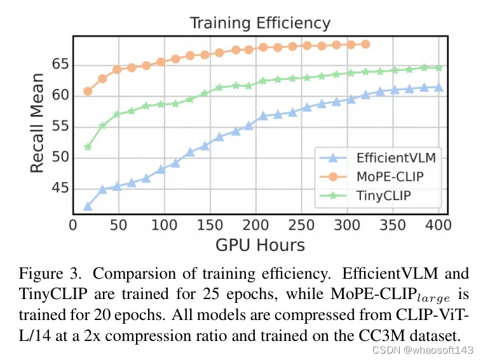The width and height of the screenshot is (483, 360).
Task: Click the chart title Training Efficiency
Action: point(260,23)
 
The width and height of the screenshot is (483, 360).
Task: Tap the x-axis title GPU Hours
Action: point(260,245)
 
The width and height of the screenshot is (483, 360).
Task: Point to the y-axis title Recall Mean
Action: point(37,124)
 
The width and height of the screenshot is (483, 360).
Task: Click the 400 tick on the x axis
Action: point(438,225)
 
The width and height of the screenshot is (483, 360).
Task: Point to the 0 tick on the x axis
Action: point(72,225)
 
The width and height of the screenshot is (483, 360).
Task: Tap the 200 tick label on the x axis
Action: point(255,225)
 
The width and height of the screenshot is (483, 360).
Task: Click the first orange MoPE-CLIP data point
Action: point(88,91)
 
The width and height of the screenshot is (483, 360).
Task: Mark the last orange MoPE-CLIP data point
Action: point(365,44)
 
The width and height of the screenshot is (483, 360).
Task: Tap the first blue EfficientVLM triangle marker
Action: point(88,206)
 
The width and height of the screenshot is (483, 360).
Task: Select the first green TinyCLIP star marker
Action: point(88,147)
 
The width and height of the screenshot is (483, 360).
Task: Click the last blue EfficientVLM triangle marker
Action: point(438,87)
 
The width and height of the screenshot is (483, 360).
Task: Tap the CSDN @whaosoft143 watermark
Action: point(423,350)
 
